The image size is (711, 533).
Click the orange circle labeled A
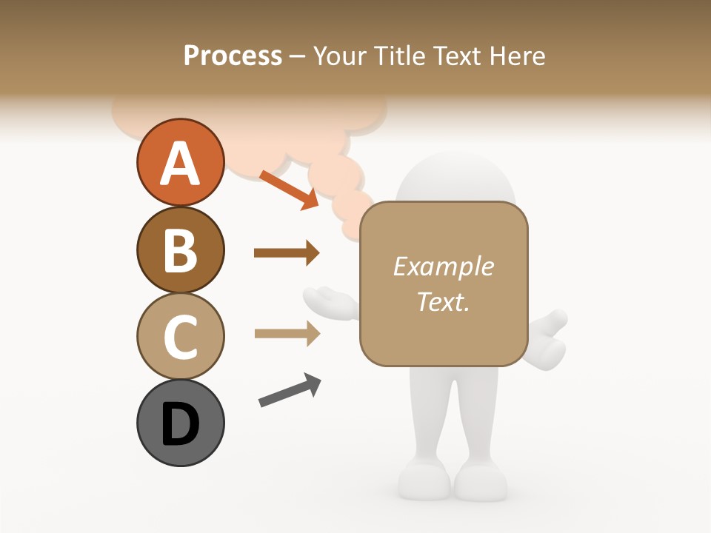tap(180, 162)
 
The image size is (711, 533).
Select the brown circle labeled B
tap(180, 249)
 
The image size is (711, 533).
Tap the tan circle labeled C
tap(180, 336)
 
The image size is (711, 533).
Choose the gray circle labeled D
tap(180, 423)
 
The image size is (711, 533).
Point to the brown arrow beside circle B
tap(287, 253)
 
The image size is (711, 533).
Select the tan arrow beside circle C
tap(287, 334)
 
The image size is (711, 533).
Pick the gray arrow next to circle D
tap(290, 390)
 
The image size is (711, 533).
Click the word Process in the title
tap(233, 56)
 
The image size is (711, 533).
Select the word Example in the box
tap(443, 266)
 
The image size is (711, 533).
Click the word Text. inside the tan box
tap(443, 301)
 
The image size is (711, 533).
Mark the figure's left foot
tap(422, 481)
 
